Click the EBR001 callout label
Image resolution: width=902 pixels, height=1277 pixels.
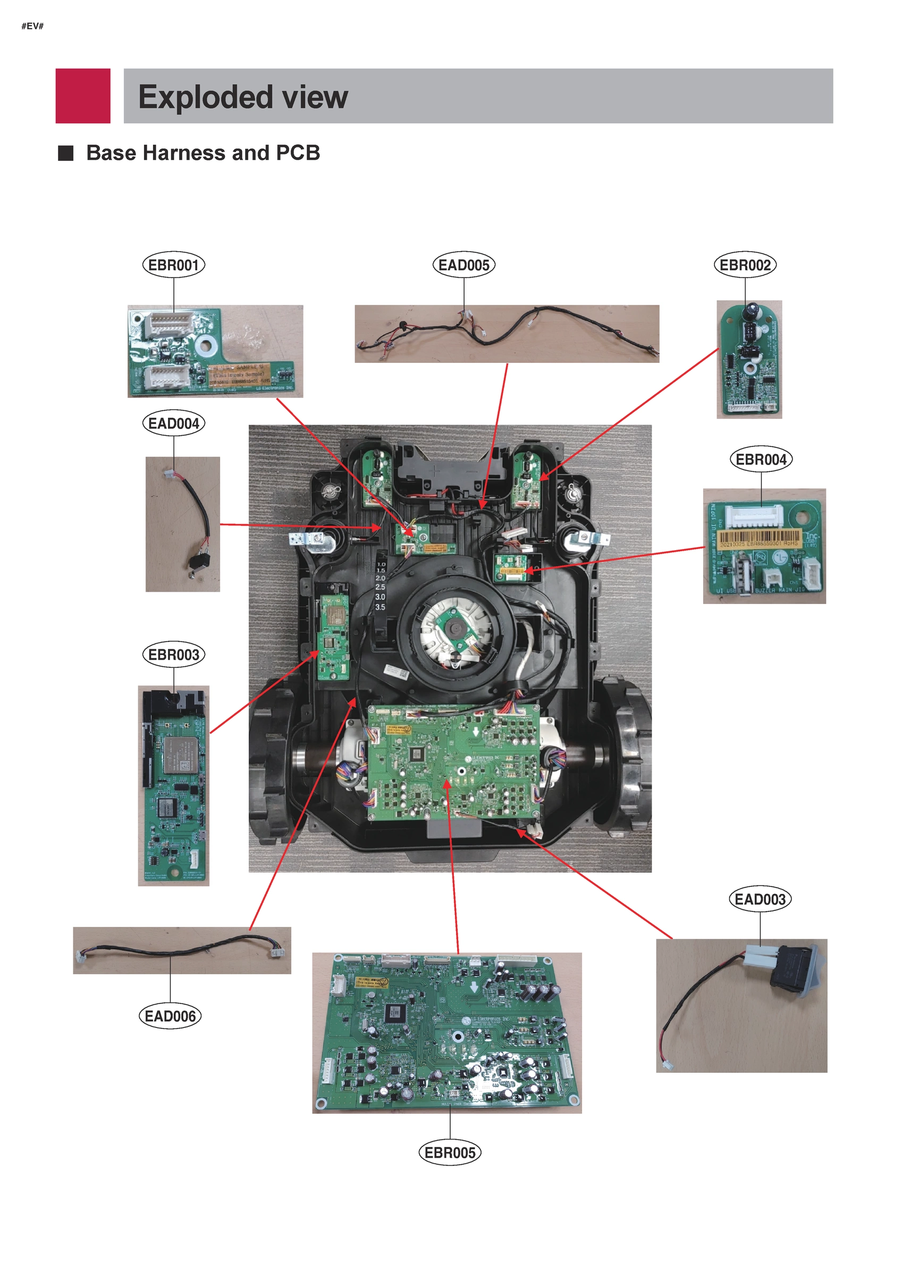pos(173,265)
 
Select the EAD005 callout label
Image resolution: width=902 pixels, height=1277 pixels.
pos(463,265)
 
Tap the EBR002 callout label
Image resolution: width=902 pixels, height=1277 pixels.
pos(745,265)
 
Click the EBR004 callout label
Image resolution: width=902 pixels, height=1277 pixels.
pos(761,459)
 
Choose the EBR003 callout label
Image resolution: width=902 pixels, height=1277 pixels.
pos(173,654)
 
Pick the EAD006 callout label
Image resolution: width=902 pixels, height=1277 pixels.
pos(170,1016)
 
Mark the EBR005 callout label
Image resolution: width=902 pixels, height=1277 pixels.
pos(450,1152)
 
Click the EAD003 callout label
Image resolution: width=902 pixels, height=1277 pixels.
pos(760,899)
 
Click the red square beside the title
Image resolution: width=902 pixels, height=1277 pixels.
pos(83,96)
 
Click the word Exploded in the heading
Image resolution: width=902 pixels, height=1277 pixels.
pos(205,97)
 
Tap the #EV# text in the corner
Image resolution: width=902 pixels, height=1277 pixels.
pos(32,26)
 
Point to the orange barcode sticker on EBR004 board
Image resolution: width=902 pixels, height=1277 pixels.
pos(759,539)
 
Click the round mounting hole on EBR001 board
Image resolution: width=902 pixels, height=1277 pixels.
pos(206,345)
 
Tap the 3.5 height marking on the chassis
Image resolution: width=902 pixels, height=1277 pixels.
pos(380,607)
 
